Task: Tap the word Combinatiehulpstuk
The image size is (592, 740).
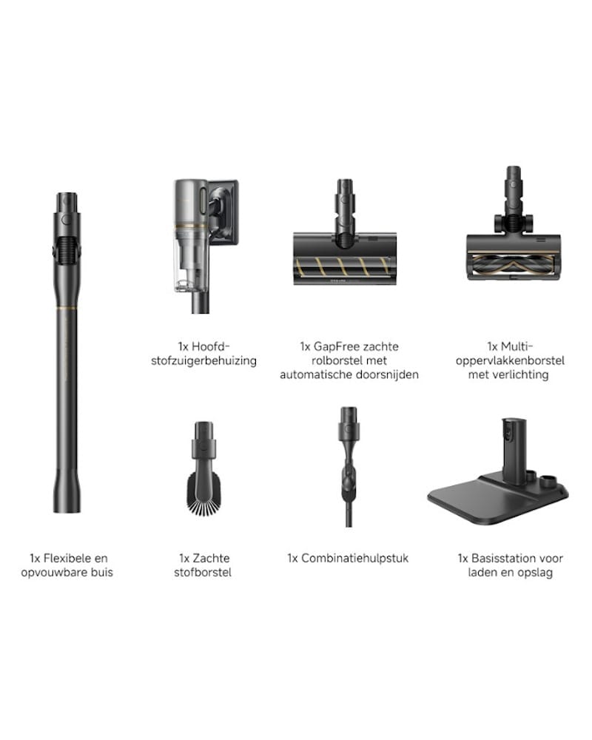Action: point(354,558)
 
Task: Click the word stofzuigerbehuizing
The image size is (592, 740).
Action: point(204,361)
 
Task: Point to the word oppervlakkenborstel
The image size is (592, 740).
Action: point(510,360)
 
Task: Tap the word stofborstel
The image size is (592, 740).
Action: point(203,573)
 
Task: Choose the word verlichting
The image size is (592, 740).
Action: point(521,374)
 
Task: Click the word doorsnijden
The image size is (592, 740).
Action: point(389,374)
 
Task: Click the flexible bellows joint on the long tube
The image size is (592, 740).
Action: point(67,249)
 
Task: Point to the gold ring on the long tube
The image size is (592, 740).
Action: point(67,308)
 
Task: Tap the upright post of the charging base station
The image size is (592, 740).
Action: point(513,450)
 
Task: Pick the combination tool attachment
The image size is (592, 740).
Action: point(349,466)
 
